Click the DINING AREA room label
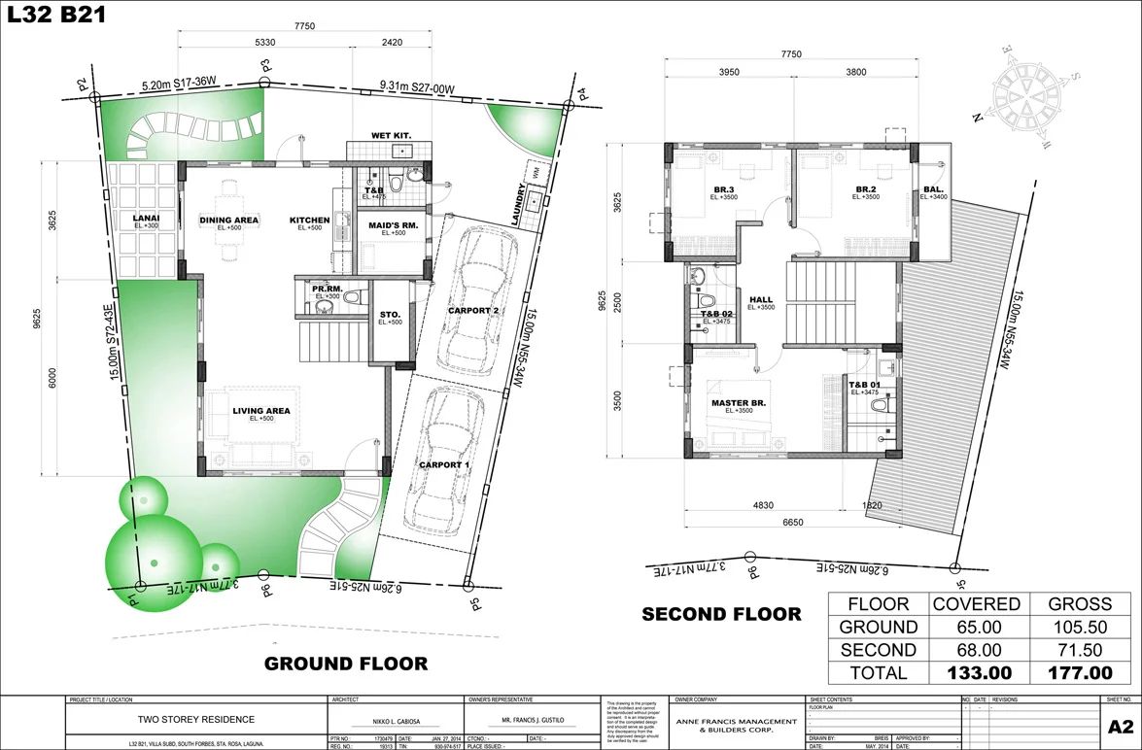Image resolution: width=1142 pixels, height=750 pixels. coord(229,221)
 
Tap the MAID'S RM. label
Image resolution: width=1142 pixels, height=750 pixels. coord(394,226)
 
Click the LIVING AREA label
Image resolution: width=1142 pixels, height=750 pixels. coord(261,411)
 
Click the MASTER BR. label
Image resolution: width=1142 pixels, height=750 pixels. coord(740,402)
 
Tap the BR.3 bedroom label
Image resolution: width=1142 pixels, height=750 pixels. coord(723,189)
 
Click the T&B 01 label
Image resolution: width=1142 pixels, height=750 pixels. coord(864,385)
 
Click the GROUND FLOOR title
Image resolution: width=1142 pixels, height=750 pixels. coord(346,664)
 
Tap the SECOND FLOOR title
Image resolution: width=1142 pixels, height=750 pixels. coord(721,613)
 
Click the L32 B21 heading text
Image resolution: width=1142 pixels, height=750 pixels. coord(57,15)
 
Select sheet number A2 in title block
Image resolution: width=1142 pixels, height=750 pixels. coord(1120,727)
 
